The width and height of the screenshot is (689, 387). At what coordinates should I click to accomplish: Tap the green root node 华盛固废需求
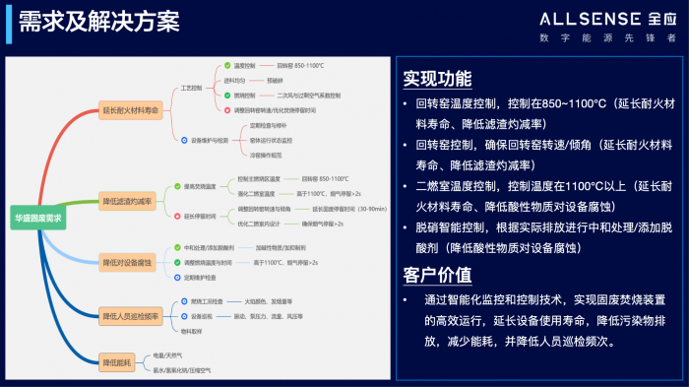point(37,217)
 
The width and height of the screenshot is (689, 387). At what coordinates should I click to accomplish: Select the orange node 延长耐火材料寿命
point(131,111)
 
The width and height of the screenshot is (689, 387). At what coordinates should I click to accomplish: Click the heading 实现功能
point(437,79)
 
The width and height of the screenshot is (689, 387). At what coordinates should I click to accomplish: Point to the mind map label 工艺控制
point(191,88)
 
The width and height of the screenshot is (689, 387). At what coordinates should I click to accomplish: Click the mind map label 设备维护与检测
point(209,140)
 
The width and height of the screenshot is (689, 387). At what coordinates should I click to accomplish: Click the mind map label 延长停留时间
point(200,216)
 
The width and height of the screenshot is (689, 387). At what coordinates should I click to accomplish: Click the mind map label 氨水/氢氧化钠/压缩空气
point(183,370)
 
